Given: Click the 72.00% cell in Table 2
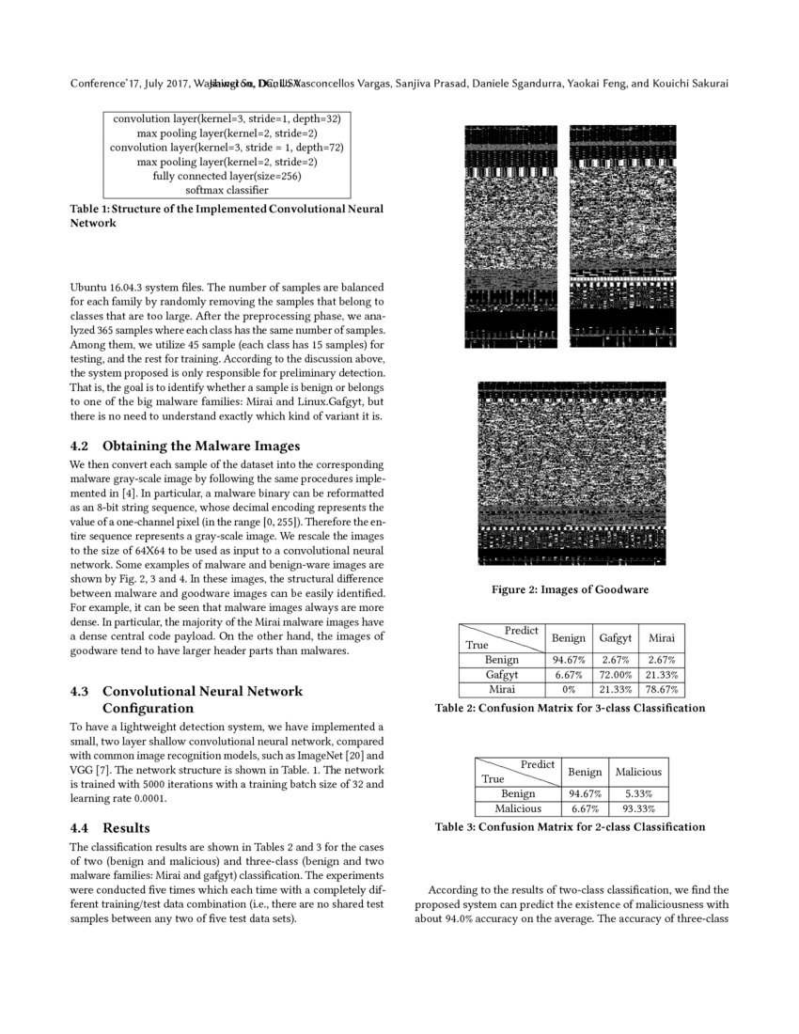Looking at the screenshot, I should [x=615, y=675].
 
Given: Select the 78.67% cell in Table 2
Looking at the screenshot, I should [x=662, y=690].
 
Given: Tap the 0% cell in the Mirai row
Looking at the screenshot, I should [x=569, y=690].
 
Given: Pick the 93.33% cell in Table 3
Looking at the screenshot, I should [x=638, y=808].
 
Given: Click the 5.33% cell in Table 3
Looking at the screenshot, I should [x=638, y=793].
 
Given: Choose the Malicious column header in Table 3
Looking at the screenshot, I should [x=638, y=772].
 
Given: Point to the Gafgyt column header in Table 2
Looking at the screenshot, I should [x=615, y=638].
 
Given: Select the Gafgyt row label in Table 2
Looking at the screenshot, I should [x=502, y=675].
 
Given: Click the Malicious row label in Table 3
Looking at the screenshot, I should [x=518, y=808].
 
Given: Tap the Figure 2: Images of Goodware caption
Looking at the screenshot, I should [x=570, y=590].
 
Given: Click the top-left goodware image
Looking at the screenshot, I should [x=510, y=236].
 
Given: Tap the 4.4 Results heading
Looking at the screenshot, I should [x=110, y=828].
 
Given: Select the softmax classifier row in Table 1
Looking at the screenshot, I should [x=227, y=190].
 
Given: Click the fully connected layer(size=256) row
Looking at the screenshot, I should [x=227, y=176].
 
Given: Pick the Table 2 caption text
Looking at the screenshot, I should [x=570, y=708].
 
